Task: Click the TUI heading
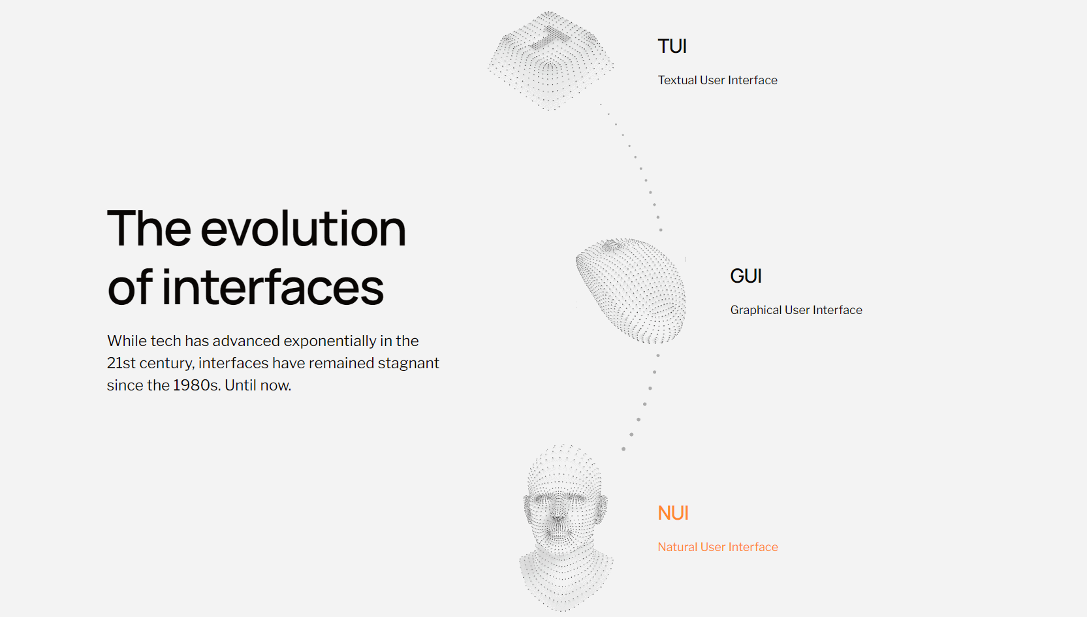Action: [x=672, y=46]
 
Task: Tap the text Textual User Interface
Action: [x=717, y=80]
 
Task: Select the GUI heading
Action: [x=746, y=276]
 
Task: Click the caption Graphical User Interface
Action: [x=796, y=310]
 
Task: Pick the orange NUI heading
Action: [x=673, y=513]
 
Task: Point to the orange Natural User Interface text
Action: [x=717, y=547]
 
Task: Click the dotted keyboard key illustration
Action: [x=550, y=61]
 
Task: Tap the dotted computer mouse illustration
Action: [x=631, y=291]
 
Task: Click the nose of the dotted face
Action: [x=558, y=517]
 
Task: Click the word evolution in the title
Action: [x=303, y=229]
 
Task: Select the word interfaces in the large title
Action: [x=272, y=287]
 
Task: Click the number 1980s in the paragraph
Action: [x=197, y=385]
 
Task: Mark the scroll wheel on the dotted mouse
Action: [x=610, y=246]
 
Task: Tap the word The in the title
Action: [x=149, y=229]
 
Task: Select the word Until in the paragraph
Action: [x=241, y=385]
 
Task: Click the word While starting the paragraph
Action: [x=127, y=341]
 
